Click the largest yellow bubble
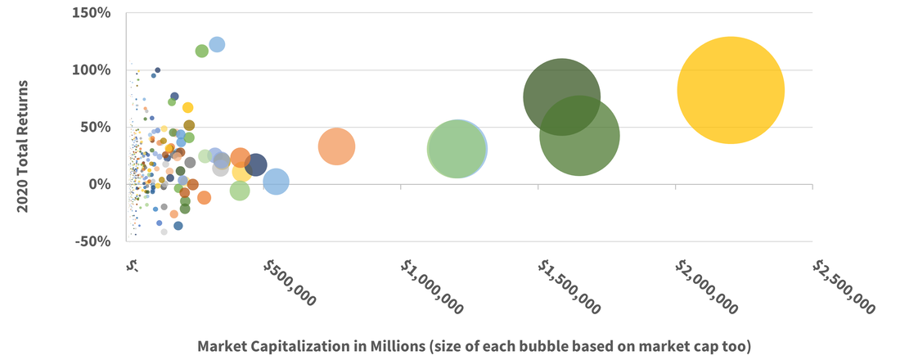pyautogui.click(x=731, y=90)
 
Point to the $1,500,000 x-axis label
pyautogui.click(x=569, y=286)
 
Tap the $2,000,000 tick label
pyautogui.click(x=706, y=286)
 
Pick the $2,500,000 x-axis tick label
pyautogui.click(x=843, y=286)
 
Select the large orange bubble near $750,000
pyautogui.click(x=336, y=147)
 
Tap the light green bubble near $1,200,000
pyautogui.click(x=456, y=149)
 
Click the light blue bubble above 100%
pyautogui.click(x=217, y=44)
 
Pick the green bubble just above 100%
pyautogui.click(x=202, y=52)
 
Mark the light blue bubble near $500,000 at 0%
pyautogui.click(x=277, y=182)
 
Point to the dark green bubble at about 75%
pyautogui.click(x=560, y=96)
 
